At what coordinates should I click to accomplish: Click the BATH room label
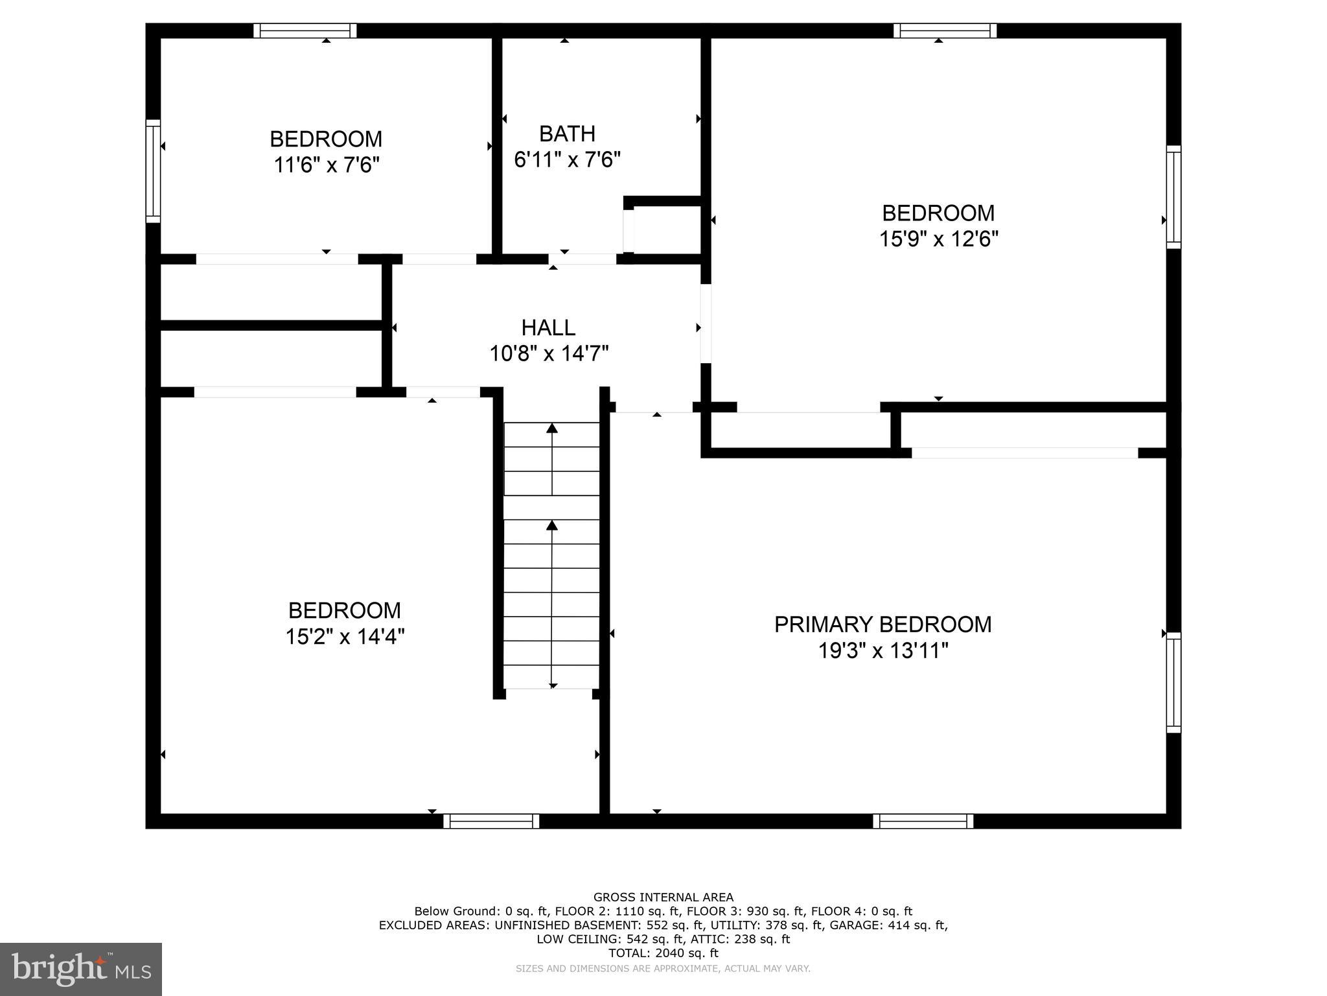[567, 134]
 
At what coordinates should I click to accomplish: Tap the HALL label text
[548, 327]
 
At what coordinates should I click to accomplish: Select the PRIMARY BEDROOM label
[883, 624]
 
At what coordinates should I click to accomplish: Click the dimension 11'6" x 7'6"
[326, 165]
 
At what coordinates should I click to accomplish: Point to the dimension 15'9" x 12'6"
[938, 239]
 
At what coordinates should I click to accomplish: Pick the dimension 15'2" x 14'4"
[345, 637]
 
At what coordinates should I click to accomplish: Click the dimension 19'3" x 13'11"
[883, 650]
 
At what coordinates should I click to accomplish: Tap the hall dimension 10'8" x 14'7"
[548, 354]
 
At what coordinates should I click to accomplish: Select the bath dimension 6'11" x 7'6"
[567, 160]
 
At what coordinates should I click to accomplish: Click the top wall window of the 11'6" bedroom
[305, 30]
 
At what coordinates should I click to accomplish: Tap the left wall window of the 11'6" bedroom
[153, 171]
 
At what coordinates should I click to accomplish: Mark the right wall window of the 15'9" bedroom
[1173, 196]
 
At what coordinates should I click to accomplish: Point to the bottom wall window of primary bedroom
[923, 821]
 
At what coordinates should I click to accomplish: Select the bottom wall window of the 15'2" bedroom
[491, 821]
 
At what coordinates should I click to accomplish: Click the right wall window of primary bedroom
[1173, 682]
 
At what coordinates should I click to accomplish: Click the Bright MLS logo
[80, 969]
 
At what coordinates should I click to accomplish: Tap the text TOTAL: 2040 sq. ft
[663, 953]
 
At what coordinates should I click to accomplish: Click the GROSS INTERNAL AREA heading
[663, 897]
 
